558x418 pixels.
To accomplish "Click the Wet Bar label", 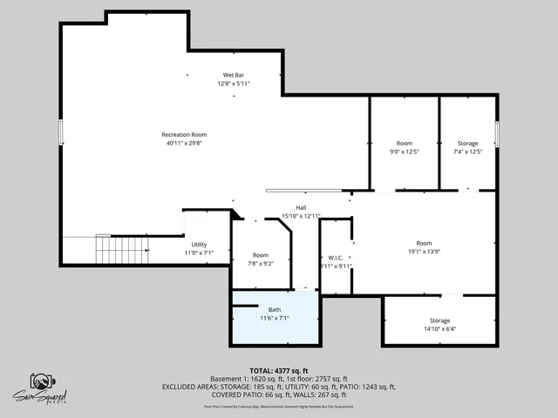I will coord(234,76).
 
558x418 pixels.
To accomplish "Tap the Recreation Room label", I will coord(184,134).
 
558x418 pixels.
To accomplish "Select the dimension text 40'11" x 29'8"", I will coord(184,143).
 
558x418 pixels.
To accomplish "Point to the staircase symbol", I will coord(112,250).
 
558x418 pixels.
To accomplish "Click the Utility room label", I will coord(199,245).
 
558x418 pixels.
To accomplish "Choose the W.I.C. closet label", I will coord(336,257).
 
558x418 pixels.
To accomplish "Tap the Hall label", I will coord(301,207).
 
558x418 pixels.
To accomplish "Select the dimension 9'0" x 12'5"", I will coord(405,152).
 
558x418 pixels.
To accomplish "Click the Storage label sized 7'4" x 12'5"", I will coord(468,143).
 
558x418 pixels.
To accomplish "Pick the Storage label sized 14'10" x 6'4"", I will coord(439,321).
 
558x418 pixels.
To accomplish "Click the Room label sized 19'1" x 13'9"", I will coord(424,243).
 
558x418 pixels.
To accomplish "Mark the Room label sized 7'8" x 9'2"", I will coord(261,255).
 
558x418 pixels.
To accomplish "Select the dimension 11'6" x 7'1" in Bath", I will coord(275,319).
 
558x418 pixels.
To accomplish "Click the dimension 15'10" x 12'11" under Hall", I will coord(301,216).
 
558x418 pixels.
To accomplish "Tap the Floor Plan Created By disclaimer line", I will coord(278,406).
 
